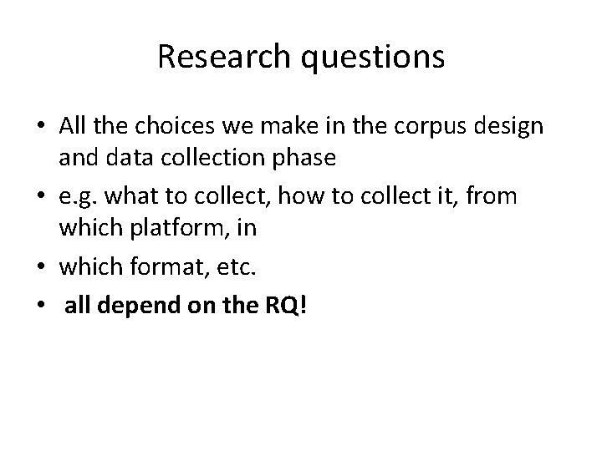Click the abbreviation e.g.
tap(79, 196)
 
